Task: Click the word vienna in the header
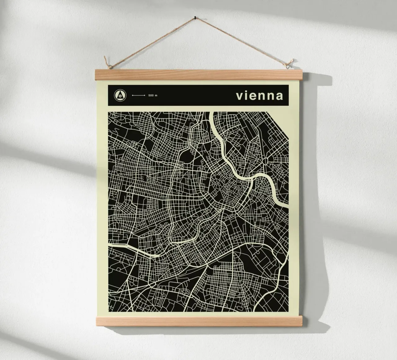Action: [259, 96]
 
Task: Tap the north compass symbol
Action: [119, 95]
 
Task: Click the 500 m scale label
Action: [153, 95]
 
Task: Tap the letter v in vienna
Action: [239, 96]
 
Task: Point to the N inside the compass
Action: [119, 96]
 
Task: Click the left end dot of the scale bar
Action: [132, 95]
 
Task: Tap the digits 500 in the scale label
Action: [151, 95]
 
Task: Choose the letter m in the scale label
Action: [156, 95]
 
